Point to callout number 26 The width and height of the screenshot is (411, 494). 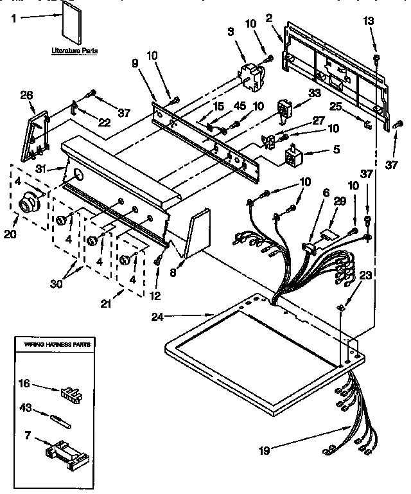[x=26, y=95]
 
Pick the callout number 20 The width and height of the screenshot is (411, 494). [x=10, y=233]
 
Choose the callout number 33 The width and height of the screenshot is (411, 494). [x=315, y=94]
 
